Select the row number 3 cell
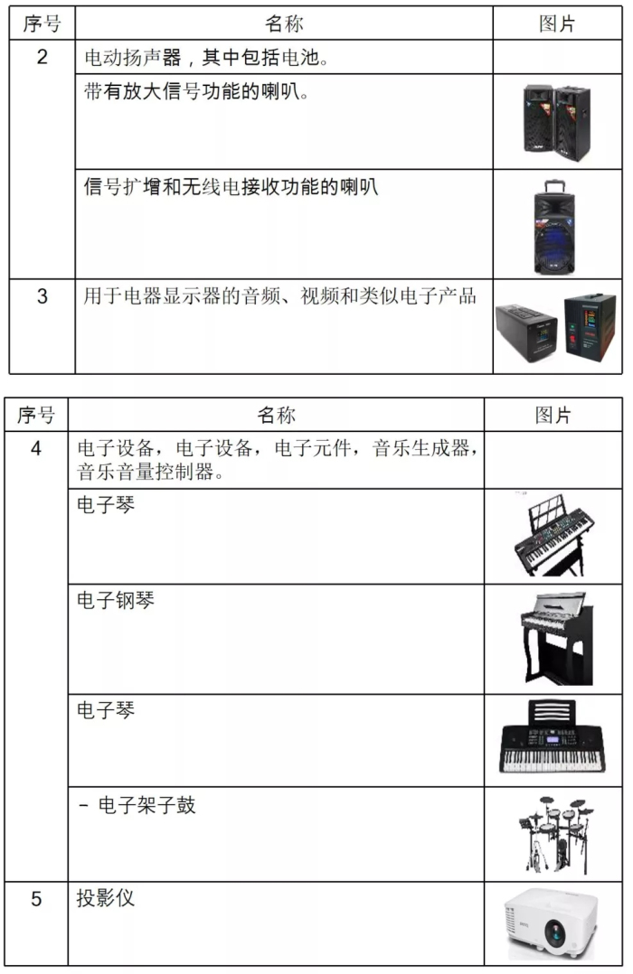[x=43, y=296]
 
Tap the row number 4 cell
[x=36, y=449]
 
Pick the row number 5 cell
[x=36, y=901]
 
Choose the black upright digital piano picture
[x=553, y=638]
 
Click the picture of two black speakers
[x=556, y=117]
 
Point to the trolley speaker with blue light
[x=556, y=225]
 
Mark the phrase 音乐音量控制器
[x=137, y=471]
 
